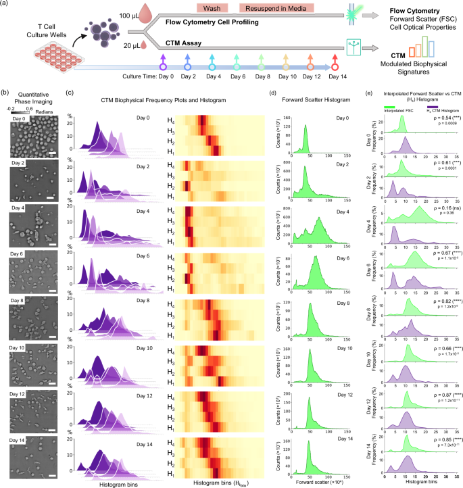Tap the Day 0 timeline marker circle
162,66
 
